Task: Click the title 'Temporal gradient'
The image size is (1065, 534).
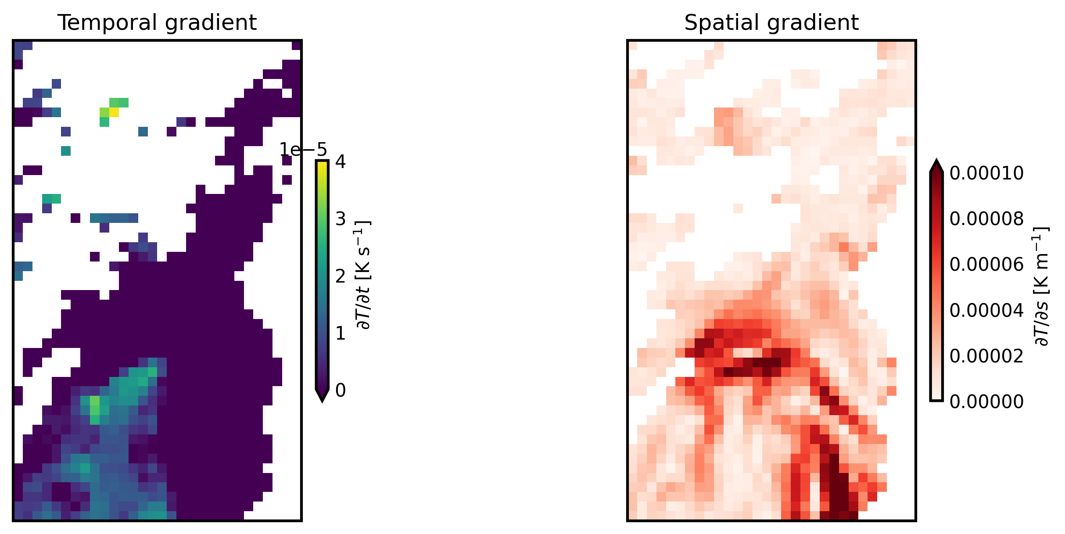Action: coord(157,23)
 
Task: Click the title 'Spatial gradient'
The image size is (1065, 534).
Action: coord(771,23)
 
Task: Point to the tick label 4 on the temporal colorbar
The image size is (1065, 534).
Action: coord(341,162)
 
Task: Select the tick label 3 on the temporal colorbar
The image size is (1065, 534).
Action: coord(341,219)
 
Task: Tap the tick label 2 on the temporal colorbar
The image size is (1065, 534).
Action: coord(341,276)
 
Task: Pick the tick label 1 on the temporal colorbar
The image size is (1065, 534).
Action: coord(341,333)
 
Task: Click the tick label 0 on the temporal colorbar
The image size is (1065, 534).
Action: coord(341,391)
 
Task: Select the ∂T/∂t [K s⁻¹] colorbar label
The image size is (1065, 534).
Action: coord(364,275)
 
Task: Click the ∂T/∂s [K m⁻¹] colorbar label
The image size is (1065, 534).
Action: coord(1041,286)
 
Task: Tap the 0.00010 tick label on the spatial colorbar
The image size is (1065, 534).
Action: coord(986,174)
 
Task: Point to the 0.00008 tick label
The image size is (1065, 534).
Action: coord(986,219)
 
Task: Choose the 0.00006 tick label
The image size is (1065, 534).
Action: coord(986,265)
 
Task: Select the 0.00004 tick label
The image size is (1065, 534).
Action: coord(986,310)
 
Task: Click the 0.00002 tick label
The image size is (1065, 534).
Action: coord(986,356)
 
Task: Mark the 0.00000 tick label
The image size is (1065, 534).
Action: coord(986,401)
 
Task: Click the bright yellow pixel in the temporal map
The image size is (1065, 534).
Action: coord(114,112)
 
